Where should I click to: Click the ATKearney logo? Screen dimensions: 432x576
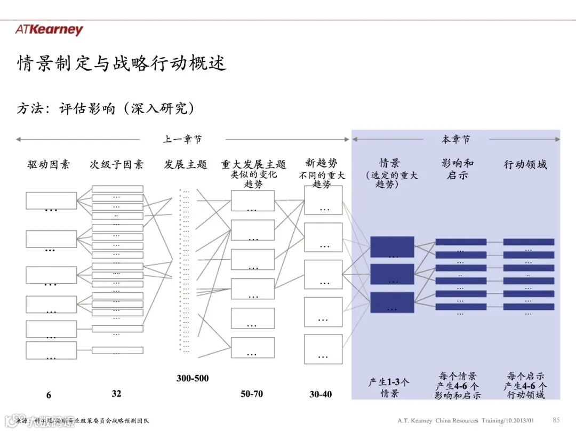point(49,29)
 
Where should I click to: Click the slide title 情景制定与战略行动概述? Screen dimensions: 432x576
point(122,63)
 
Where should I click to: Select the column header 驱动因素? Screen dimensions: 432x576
point(49,165)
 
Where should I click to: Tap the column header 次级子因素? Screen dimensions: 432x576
point(116,165)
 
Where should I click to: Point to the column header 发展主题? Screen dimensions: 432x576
point(185,165)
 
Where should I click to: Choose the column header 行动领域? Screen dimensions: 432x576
point(525,165)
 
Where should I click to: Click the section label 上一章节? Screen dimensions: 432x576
point(182,140)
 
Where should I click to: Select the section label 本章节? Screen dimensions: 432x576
point(455,140)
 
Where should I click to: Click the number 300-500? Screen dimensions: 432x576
point(193,379)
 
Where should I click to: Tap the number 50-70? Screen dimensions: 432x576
point(251,394)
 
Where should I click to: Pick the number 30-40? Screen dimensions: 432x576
point(321,395)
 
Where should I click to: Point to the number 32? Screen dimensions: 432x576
point(116,394)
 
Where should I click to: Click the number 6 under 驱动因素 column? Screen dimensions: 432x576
point(49,395)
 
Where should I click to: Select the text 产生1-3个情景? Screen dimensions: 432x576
point(389,388)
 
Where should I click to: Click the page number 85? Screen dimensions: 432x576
point(556,420)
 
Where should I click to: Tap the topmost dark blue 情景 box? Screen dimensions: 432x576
point(392,247)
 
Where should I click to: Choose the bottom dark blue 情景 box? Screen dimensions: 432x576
point(392,302)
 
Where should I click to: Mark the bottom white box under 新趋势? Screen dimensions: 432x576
point(323,349)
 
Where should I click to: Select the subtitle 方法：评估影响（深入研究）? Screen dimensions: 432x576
point(106,109)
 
